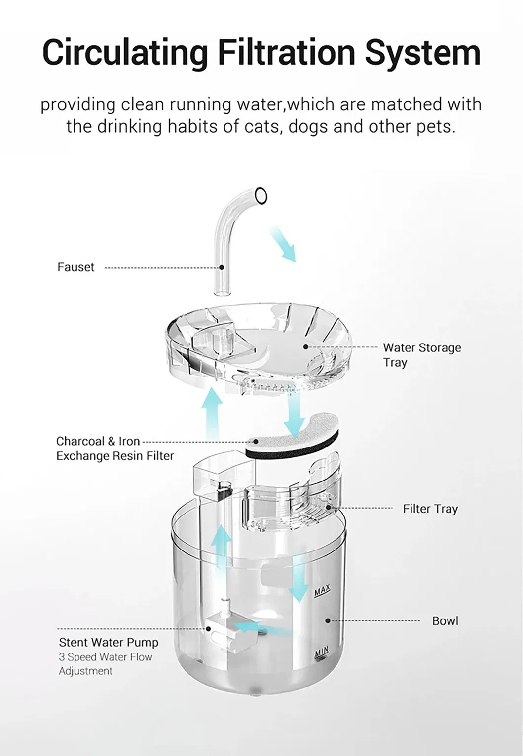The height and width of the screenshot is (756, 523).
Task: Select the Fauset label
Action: [x=76, y=267]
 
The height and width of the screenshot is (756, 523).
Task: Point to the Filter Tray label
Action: [x=430, y=509]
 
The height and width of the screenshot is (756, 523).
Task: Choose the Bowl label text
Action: [x=445, y=620]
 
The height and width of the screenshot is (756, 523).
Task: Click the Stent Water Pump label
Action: [x=109, y=642]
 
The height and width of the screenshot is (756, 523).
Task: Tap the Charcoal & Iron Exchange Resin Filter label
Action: [x=115, y=448]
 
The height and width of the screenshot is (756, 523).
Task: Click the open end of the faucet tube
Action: [x=261, y=196]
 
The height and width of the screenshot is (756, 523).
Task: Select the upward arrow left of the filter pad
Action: [x=212, y=413]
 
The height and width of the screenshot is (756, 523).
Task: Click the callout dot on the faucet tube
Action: [x=222, y=267]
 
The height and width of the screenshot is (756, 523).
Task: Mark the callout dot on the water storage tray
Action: [x=305, y=346]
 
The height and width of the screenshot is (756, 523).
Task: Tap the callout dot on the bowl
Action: [x=328, y=620]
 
